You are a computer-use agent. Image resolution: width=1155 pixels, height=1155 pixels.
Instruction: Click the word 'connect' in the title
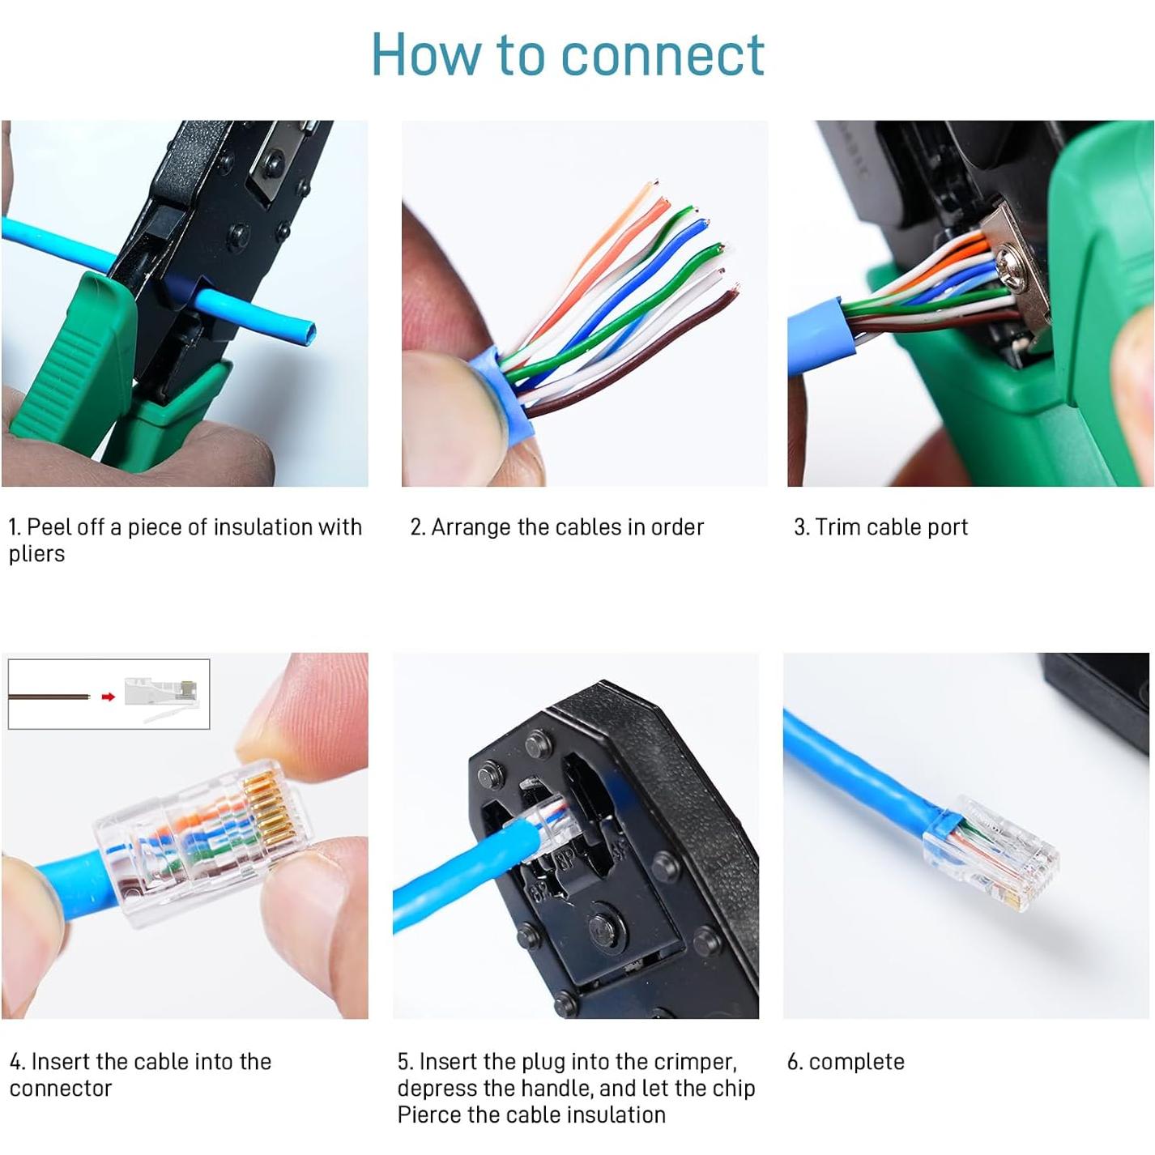663,55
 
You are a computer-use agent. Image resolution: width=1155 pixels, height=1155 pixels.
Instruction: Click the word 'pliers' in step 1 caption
36,555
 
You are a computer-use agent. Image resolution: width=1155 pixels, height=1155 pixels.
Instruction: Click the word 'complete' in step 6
856,1062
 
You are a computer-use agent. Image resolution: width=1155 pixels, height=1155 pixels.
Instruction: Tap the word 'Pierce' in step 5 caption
429,1115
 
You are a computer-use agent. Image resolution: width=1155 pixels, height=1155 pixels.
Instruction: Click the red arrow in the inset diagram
108,697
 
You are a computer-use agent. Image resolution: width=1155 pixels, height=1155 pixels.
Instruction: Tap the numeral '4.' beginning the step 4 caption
17,1062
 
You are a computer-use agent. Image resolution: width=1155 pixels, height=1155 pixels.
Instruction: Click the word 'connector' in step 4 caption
61,1089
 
